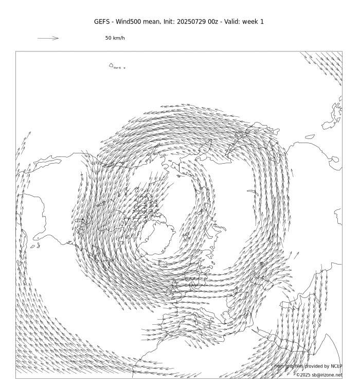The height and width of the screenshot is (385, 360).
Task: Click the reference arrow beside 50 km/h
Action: pos(48,38)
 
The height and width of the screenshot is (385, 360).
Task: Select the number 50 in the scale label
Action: pos(109,38)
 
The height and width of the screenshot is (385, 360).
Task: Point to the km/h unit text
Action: pos(119,38)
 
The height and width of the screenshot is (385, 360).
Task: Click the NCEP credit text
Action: pos(336,366)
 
